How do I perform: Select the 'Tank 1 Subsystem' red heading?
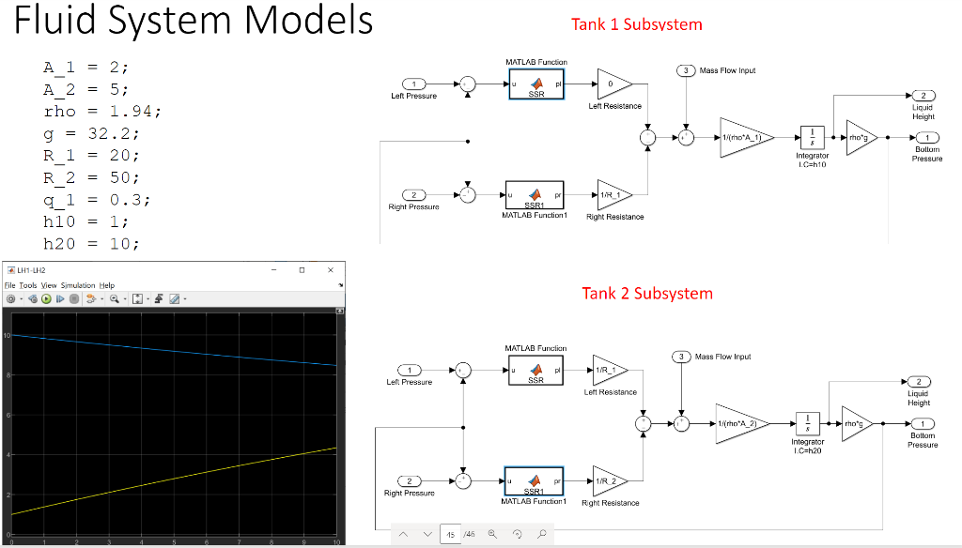(x=636, y=24)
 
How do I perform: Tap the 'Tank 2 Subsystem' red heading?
(x=646, y=294)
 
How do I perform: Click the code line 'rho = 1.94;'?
(x=102, y=112)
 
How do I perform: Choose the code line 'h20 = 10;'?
(x=91, y=243)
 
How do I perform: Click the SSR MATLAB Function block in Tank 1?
(x=535, y=85)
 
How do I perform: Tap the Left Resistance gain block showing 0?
(x=613, y=84)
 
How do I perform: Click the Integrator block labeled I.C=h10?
(x=811, y=137)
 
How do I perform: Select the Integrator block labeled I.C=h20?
(x=807, y=423)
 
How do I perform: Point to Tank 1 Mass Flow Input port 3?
(x=686, y=70)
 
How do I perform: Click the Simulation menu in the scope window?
(x=78, y=285)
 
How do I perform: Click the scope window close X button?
(x=330, y=269)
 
